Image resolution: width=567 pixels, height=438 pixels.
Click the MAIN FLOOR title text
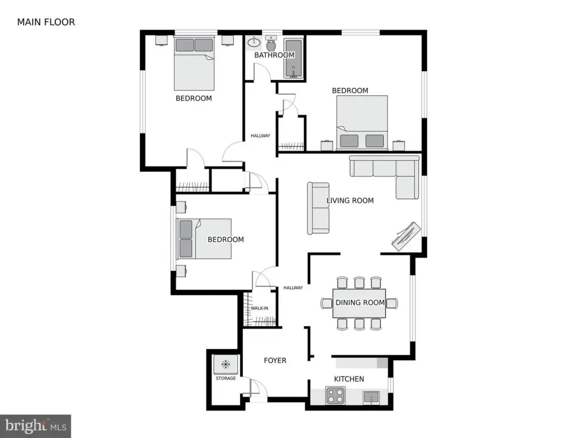point(46,22)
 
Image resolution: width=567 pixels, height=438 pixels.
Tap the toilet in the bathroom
point(271,43)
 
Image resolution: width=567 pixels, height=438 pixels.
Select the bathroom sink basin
point(254,43)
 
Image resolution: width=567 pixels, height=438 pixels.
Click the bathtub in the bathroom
point(293,59)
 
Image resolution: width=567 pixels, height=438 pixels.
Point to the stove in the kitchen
point(335,395)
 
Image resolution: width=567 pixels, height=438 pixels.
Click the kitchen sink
point(371,398)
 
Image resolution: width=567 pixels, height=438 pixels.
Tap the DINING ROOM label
point(360,303)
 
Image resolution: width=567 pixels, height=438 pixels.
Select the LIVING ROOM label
point(350,200)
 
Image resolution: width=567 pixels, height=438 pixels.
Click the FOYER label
point(275,360)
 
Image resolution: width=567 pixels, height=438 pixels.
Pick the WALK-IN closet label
point(260,308)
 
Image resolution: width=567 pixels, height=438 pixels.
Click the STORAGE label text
point(226,378)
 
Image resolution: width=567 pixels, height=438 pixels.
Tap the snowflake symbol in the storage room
point(226,364)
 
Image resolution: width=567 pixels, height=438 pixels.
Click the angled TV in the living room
point(406,236)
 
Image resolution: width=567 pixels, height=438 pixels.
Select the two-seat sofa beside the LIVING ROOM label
point(318,208)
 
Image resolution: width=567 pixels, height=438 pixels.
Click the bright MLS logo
point(35,426)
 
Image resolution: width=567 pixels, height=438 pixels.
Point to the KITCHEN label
point(349,379)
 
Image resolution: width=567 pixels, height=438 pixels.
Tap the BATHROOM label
point(274,55)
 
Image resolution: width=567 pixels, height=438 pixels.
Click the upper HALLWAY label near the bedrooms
point(260,136)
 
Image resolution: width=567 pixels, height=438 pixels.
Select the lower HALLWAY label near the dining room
point(293,288)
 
